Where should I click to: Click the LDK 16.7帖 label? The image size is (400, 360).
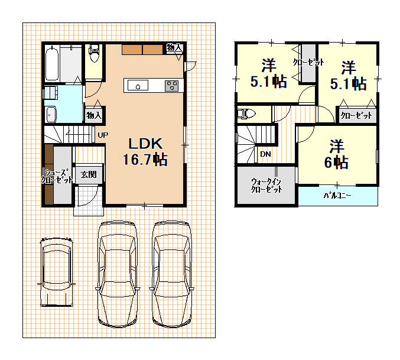pos(145,152)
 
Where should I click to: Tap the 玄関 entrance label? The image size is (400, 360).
pos(89,174)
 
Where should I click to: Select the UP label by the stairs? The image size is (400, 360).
pos(103,135)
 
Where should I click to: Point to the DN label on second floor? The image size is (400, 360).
pos(265,154)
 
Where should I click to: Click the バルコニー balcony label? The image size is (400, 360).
pos(337,196)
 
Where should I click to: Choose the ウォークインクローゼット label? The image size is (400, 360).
pos(266,186)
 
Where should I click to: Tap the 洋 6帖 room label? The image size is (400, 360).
pos(336,154)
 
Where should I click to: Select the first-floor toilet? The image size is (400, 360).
pos(93,53)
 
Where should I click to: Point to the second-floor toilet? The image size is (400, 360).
pos(246,113)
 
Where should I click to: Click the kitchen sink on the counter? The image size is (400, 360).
pos(138,85)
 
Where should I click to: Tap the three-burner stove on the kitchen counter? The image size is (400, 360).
pos(172,86)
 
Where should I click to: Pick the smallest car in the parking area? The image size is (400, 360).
pos(56,272)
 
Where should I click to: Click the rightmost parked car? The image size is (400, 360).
pos(171,274)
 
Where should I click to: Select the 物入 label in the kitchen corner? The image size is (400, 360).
pos(174,47)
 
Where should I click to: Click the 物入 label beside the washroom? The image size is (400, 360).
pos(94,115)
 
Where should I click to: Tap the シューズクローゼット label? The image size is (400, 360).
pos(57,176)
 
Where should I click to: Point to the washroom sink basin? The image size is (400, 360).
pos(51,115)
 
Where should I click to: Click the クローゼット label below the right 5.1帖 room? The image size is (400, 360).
pos(356,116)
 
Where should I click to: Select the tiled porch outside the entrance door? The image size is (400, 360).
pos(89,201)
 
